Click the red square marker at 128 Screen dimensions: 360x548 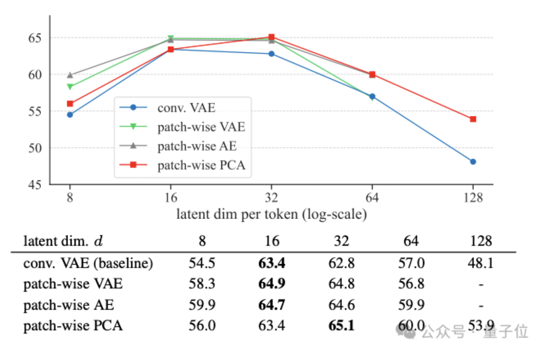[473, 119]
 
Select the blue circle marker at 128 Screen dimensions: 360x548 [473, 162]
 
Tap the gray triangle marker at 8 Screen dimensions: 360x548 [70, 75]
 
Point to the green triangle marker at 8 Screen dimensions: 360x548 [70, 87]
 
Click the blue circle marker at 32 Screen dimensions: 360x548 [271, 54]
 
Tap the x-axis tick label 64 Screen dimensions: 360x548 [372, 198]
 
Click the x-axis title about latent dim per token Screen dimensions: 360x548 [271, 214]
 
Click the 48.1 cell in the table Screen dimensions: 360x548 [481, 263]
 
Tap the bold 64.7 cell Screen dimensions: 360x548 [272, 305]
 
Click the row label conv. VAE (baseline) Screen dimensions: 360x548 [88, 263]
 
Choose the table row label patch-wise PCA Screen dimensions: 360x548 [73, 325]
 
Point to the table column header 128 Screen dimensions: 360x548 [481, 241]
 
